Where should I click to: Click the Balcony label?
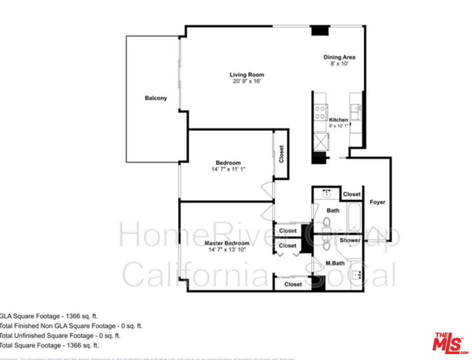pos(156,98)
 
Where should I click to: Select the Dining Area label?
pos(339,57)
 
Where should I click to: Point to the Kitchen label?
pos(338,120)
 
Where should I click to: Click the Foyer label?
pos(377,202)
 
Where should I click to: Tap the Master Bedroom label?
pos(227,243)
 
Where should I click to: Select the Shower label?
pos(350,240)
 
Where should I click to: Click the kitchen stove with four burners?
pos(320,112)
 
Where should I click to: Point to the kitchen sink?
pos(355,111)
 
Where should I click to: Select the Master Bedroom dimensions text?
pos(227,249)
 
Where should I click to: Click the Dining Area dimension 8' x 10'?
pos(339,64)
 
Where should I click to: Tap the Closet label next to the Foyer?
pos(352,194)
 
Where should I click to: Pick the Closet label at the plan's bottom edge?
pos(293,284)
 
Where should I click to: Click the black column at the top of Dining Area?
pos(318,30)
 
